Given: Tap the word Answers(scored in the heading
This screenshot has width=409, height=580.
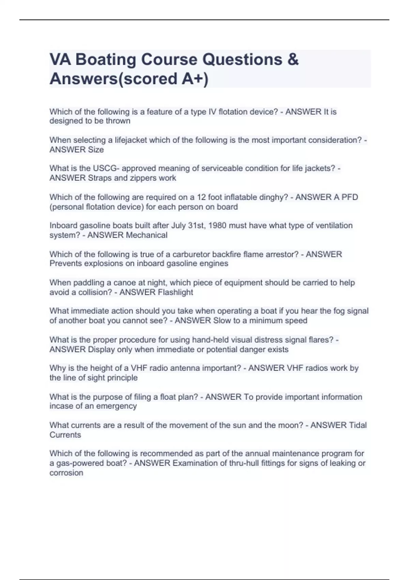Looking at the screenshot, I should [x=113, y=79].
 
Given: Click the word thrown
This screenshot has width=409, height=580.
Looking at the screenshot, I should [x=118, y=121].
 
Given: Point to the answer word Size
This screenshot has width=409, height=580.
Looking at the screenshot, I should [x=96, y=150].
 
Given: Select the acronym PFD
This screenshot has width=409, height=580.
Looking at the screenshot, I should [x=348, y=197].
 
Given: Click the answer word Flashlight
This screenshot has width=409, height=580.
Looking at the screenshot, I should [x=175, y=292].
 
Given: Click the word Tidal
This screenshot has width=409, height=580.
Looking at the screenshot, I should [x=358, y=425].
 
